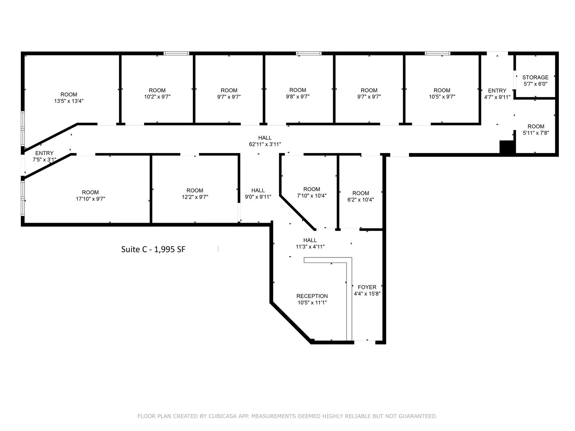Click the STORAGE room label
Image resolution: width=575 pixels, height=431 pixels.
click(535, 78)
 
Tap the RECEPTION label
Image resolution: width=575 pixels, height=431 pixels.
click(312, 296)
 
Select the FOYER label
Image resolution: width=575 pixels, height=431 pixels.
click(367, 287)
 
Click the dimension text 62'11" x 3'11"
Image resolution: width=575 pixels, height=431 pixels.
click(264, 144)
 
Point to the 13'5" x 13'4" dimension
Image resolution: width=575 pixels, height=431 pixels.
click(69, 101)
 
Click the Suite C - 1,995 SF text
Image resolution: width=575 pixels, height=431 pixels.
click(153, 249)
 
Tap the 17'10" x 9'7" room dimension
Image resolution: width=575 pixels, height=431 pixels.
click(90, 199)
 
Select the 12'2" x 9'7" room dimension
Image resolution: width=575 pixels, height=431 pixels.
click(195, 197)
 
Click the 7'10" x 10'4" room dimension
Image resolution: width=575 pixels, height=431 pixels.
click(312, 196)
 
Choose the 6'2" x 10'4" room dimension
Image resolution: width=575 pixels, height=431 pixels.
click(360, 200)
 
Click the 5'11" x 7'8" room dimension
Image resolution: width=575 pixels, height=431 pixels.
click(536, 133)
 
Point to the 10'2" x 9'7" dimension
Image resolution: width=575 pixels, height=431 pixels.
click(157, 97)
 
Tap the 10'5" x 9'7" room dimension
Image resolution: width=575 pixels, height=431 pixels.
click(442, 97)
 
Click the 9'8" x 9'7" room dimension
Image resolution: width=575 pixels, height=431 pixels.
click(298, 97)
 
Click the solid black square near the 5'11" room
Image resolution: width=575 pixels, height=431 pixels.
click(507, 148)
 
